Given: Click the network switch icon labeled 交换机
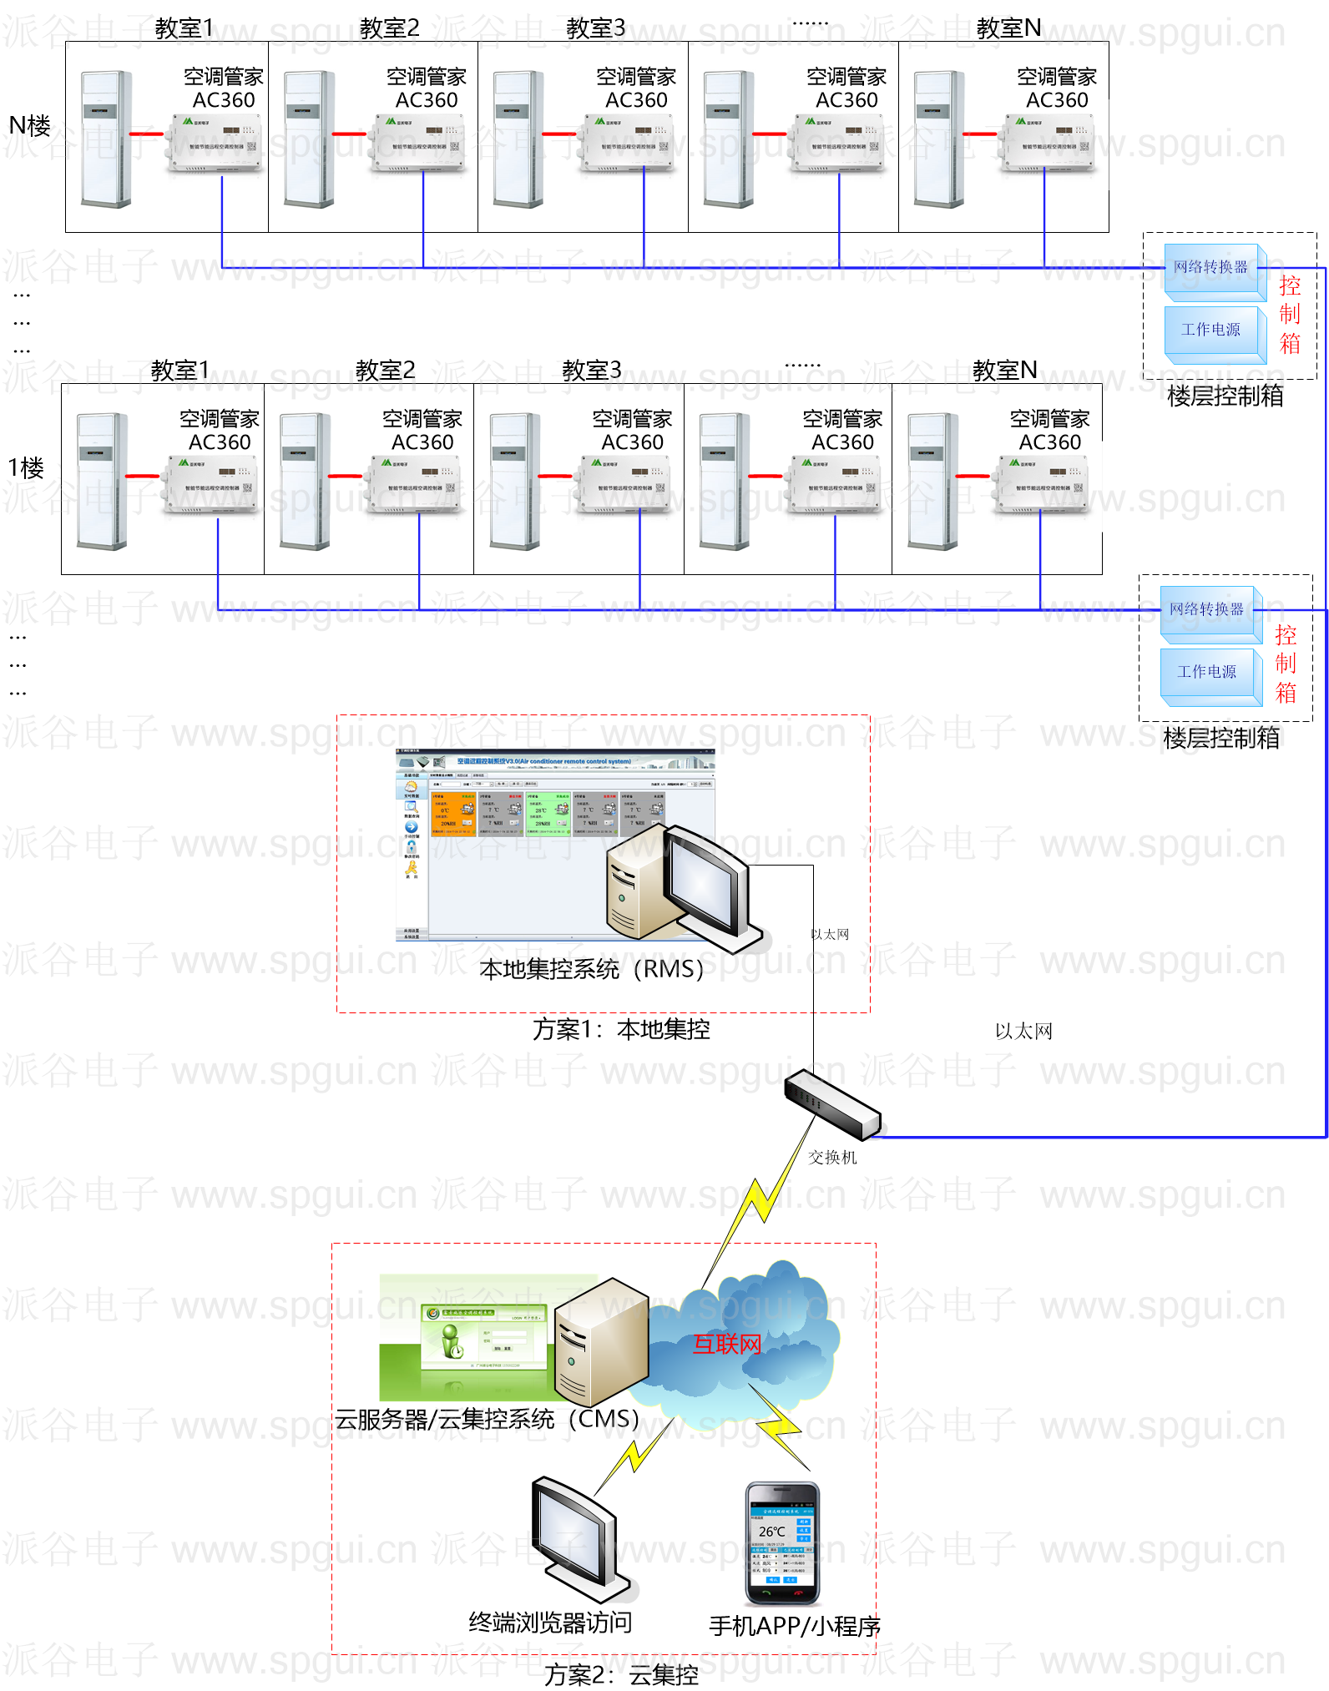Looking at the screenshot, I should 832,1104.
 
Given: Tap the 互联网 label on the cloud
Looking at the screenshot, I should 727,1344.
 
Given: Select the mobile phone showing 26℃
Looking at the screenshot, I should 782,1542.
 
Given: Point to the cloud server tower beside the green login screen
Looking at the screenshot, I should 602,1342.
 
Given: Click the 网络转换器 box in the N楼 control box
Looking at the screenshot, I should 1210,268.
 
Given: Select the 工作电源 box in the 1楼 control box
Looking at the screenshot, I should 1207,672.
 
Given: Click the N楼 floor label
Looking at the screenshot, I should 29,126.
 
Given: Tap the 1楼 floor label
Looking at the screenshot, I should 26,468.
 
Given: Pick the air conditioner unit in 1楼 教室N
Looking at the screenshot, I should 932,482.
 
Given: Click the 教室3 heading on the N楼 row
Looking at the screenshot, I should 595,28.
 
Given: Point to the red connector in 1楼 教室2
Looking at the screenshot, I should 345,476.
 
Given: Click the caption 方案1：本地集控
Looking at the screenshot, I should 621,1030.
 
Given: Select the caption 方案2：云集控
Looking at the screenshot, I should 621,1674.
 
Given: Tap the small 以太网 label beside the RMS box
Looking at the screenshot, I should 830,935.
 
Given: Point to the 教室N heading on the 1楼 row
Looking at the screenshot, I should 1004,370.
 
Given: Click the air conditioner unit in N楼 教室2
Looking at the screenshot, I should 310,139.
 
